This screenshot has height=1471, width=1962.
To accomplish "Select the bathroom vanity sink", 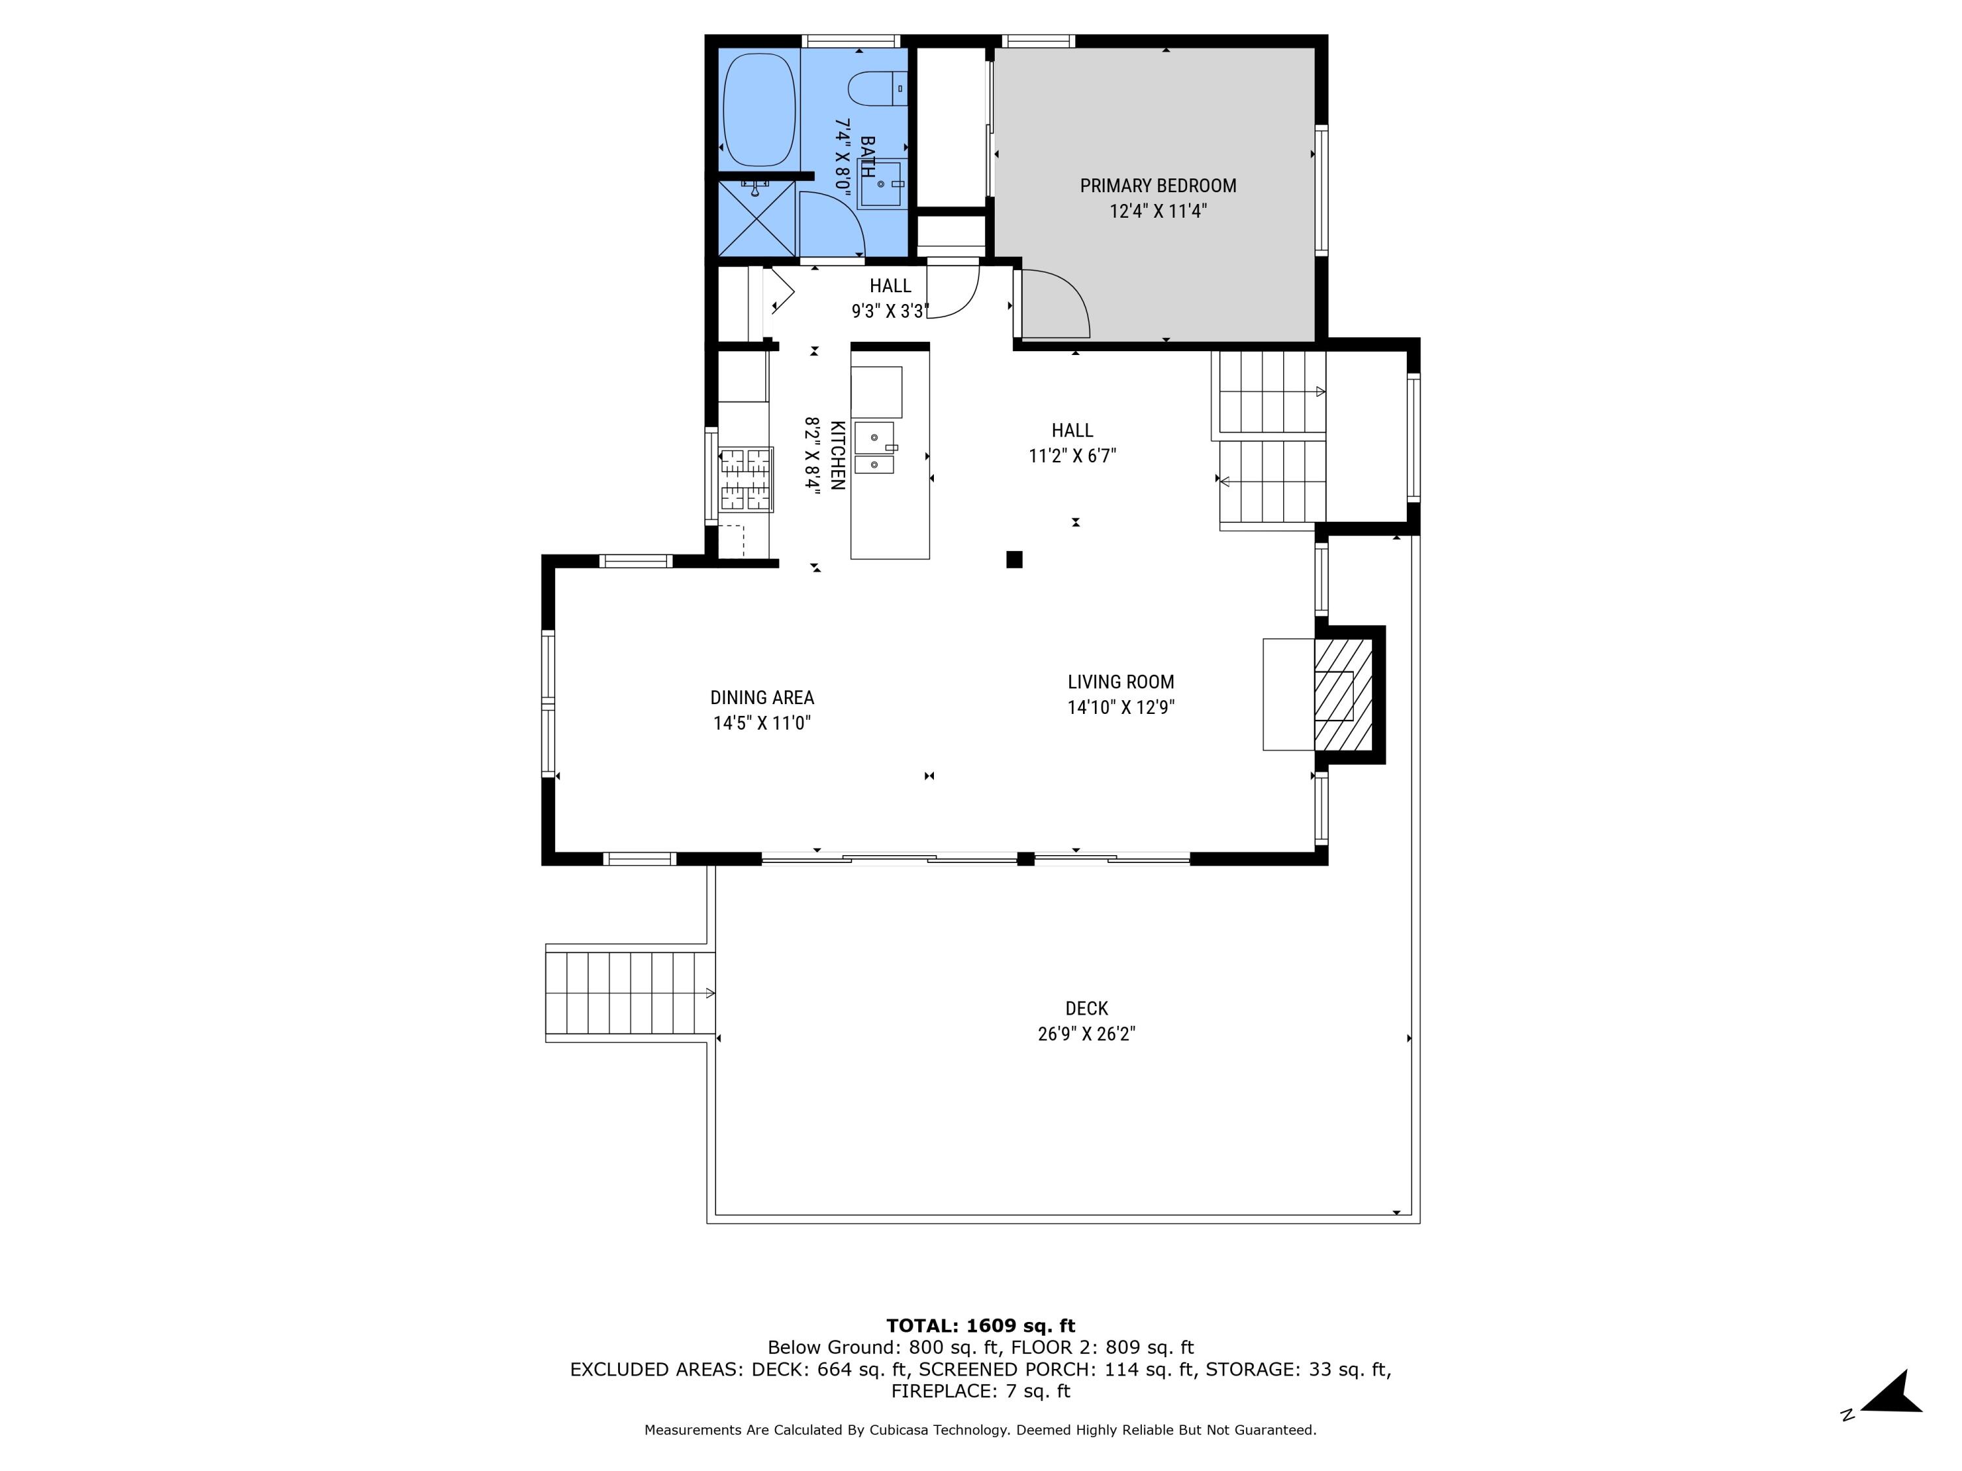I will tap(880, 184).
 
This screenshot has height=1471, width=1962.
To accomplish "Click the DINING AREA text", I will tap(762, 698).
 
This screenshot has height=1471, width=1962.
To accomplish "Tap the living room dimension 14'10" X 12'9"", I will tap(1120, 707).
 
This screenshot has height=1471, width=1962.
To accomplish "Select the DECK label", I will tap(1086, 1008).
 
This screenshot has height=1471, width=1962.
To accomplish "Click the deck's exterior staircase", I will tap(630, 993).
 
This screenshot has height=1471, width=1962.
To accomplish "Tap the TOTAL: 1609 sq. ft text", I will tap(980, 1326).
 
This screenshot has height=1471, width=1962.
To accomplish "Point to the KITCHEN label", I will tap(836, 455).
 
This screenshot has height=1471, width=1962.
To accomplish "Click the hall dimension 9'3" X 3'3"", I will tap(889, 311).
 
